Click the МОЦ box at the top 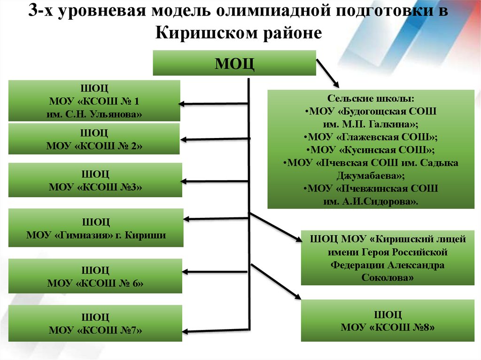tap(234, 63)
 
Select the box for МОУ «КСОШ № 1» tap(94, 101)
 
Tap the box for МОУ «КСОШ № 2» tap(94, 139)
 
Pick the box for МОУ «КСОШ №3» tap(95, 180)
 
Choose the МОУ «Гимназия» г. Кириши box tap(96, 228)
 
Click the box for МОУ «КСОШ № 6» tap(95, 276)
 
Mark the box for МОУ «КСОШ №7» tap(95, 323)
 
